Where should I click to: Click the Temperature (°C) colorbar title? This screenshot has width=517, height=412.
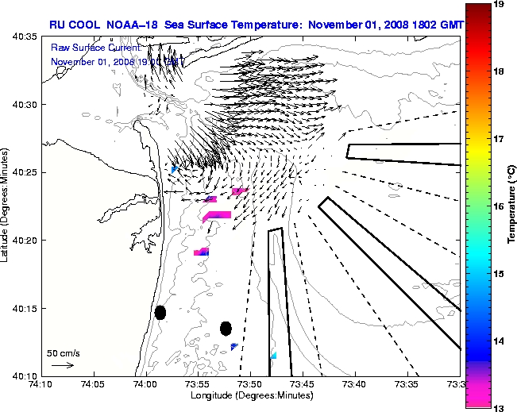coord(513,206)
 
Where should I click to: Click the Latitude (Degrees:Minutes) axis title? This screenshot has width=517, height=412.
coord(6,206)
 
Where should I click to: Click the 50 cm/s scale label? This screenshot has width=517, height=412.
coord(63,352)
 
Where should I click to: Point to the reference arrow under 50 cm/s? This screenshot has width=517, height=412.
coord(63,365)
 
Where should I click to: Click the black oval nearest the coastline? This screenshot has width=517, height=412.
coord(160,312)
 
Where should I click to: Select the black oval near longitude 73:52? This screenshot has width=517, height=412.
coord(226,328)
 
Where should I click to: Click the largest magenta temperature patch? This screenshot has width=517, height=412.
coord(217,215)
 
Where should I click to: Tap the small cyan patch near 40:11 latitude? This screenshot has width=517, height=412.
coord(273,356)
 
